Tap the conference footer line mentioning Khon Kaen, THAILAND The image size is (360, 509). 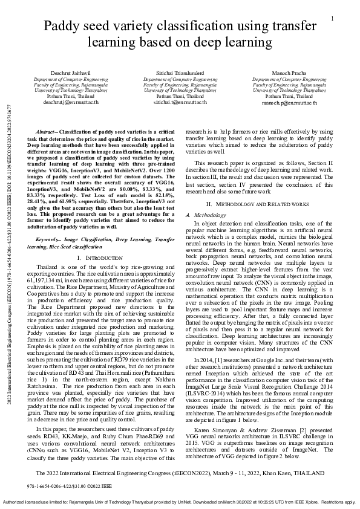180,473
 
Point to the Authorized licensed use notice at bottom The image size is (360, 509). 180,501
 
